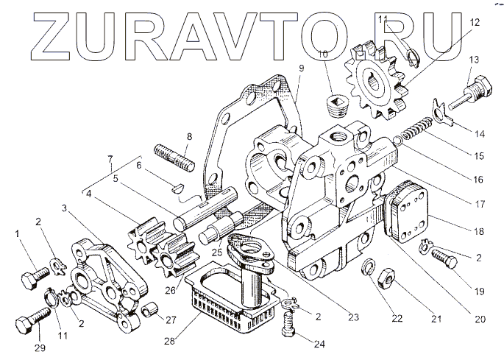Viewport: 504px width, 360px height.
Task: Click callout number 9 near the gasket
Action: tap(301, 68)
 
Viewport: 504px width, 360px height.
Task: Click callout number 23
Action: tap(353, 318)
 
